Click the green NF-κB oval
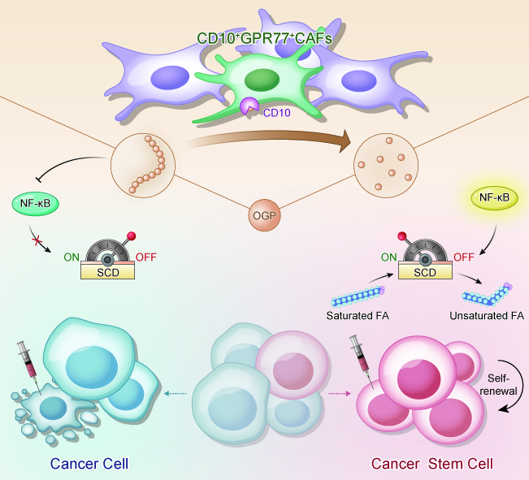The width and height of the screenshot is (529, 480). point(36,204)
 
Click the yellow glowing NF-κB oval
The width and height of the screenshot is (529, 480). point(494,197)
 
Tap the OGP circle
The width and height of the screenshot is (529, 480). point(265,215)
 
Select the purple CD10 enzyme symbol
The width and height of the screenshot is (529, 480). point(249,106)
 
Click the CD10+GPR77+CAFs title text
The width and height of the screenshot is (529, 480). point(265,38)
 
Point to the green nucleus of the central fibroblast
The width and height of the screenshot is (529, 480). point(262,80)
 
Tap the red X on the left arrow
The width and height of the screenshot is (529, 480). point(37,241)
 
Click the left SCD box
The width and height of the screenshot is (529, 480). point(107,271)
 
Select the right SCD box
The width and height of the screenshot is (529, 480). point(425,271)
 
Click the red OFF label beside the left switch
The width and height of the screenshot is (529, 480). point(146,257)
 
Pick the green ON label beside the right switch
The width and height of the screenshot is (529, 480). point(388,257)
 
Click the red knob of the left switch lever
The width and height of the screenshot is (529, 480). point(132,236)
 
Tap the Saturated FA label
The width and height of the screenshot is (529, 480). point(358,316)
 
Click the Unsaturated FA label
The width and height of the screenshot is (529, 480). point(487,316)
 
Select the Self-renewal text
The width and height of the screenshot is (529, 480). point(498,384)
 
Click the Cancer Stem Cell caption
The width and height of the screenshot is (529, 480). point(432,464)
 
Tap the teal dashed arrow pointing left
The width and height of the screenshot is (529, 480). point(175,393)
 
